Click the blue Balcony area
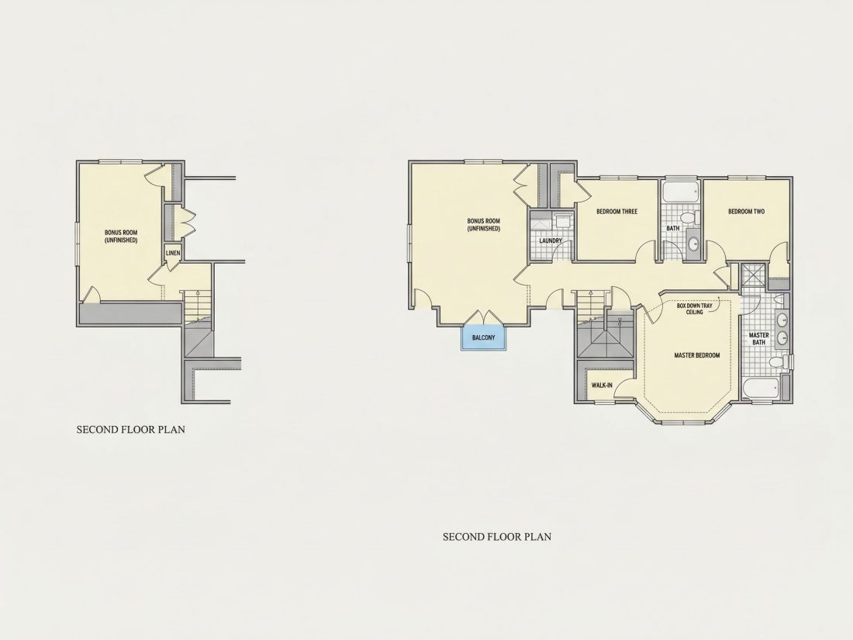[x=484, y=338]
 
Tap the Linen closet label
[x=173, y=253]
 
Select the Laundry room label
[x=551, y=240]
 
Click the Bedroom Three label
[x=617, y=212]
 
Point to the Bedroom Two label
[x=746, y=212]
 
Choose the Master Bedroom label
[x=697, y=355]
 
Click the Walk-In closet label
[x=602, y=386]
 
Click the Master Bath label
[x=759, y=338]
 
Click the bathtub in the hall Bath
[x=681, y=191]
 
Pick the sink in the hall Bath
[x=693, y=243]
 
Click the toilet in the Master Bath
[x=779, y=362]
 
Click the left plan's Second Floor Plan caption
[x=130, y=430]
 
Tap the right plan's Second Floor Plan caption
[x=496, y=537]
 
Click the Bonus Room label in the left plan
[x=121, y=236]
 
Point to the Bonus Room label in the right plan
[x=484, y=225]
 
